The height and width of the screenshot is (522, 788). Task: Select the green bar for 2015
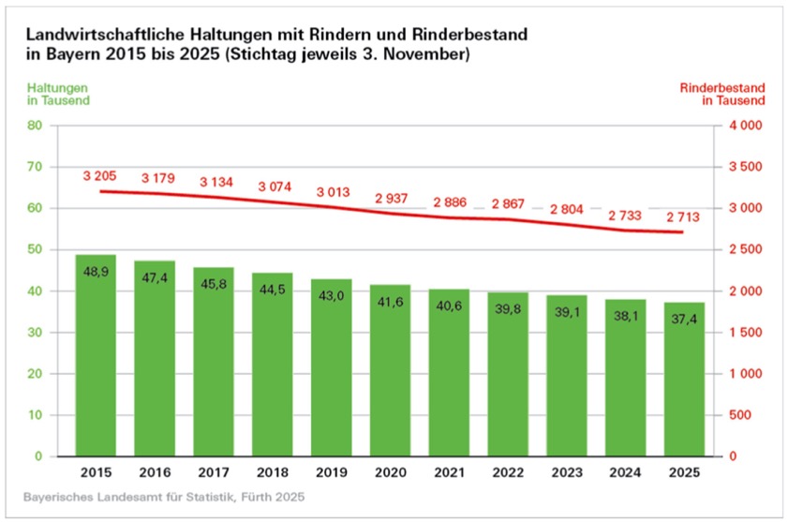(x=96, y=356)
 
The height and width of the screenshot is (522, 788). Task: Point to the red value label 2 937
(x=390, y=199)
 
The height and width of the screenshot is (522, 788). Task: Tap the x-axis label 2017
(x=214, y=473)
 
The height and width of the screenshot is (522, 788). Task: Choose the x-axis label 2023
(x=566, y=473)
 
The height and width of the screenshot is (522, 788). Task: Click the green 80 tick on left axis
(x=37, y=126)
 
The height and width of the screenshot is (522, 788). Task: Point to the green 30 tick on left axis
(x=37, y=333)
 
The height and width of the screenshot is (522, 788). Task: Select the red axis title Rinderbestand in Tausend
(x=722, y=94)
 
